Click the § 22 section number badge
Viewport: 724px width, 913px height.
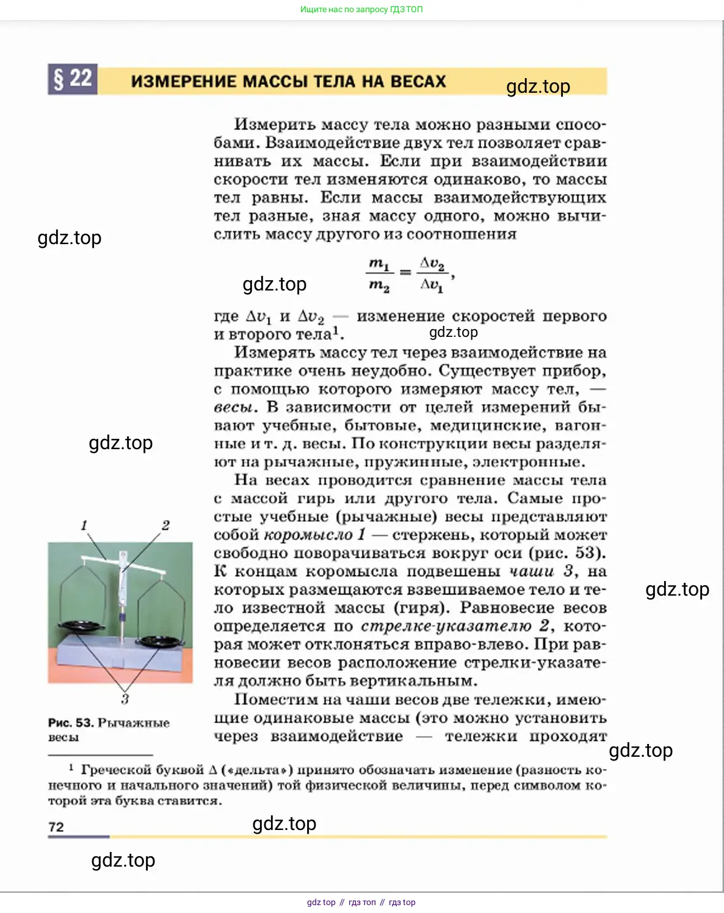pyautogui.click(x=73, y=80)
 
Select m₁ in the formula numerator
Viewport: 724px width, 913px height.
pyautogui.click(x=378, y=264)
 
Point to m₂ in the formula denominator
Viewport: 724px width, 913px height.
pyautogui.click(x=378, y=285)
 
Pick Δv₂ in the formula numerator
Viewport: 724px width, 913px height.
pyautogui.click(x=432, y=263)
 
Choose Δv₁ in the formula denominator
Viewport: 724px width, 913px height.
pyautogui.click(x=432, y=285)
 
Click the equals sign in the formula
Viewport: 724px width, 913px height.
pyautogui.click(x=405, y=273)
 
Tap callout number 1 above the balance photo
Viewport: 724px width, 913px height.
pyautogui.click(x=84, y=525)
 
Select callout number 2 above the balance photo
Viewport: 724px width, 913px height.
pyautogui.click(x=165, y=525)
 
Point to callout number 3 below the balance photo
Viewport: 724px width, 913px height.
pyautogui.click(x=125, y=699)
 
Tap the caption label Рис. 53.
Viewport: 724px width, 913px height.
pyautogui.click(x=71, y=723)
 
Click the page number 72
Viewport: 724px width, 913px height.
pyautogui.click(x=56, y=827)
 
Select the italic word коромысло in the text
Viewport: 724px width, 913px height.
pyautogui.click(x=308, y=535)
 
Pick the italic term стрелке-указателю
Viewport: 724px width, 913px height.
pyautogui.click(x=446, y=627)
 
